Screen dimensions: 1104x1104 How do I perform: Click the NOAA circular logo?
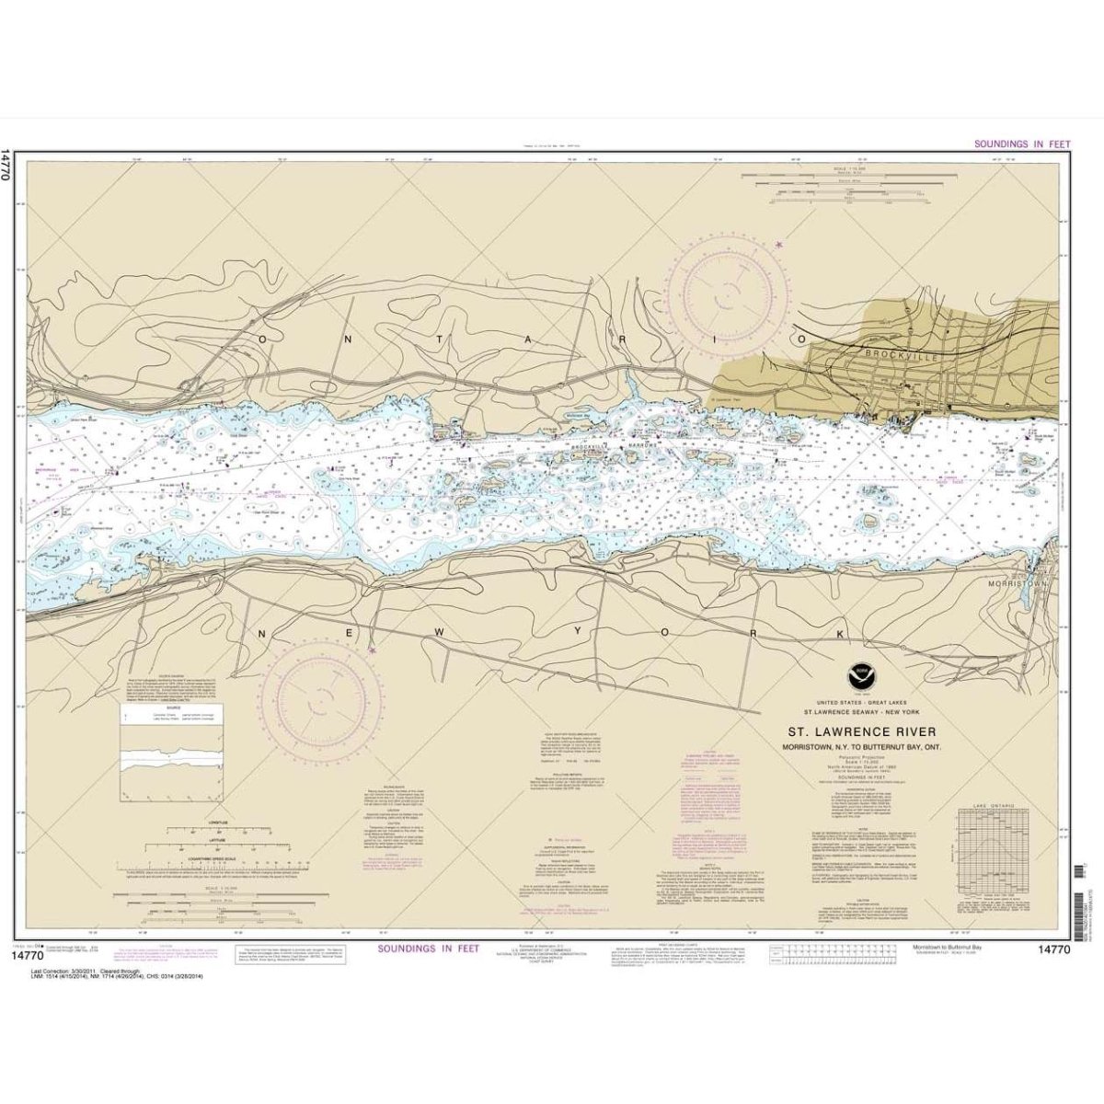point(860,676)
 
